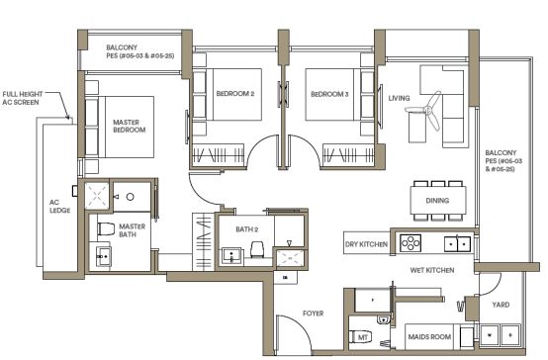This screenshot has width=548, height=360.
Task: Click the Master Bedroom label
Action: (130, 127)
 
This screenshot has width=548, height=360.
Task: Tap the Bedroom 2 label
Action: (235, 94)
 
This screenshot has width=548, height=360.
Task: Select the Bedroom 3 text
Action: (329, 94)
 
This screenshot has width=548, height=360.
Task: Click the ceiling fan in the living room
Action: (425, 111)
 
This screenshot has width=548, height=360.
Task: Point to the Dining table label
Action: (437, 201)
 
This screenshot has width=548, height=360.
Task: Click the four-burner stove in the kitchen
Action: (411, 242)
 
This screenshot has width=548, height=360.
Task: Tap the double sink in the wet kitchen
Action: (457, 243)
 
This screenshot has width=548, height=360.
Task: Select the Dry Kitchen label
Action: (366, 244)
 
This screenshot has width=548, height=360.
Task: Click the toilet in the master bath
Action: (106, 229)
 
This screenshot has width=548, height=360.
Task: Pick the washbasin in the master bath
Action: (104, 256)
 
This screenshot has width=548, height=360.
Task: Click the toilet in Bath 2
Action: (257, 249)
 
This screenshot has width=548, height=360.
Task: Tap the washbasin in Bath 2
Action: (231, 255)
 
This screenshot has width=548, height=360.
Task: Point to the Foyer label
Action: (314, 314)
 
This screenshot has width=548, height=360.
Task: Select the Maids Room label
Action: (429, 337)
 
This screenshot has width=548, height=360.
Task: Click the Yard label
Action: (501, 305)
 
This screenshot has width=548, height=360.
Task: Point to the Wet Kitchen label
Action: (432, 270)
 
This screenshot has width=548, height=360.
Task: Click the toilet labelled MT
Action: (360, 336)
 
